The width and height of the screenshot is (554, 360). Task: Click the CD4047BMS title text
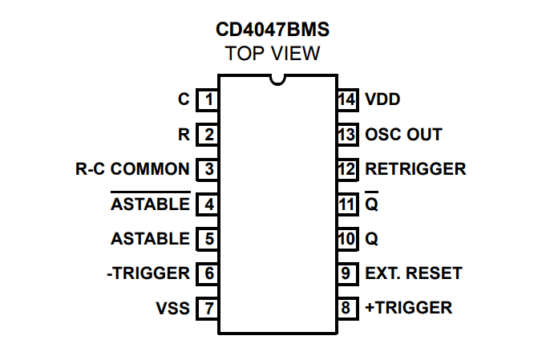click(273, 31)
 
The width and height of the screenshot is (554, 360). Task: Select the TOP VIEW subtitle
click(273, 54)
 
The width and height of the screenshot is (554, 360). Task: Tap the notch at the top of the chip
click(277, 77)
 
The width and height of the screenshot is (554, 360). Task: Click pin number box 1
click(208, 99)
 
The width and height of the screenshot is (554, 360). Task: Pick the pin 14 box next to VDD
click(346, 99)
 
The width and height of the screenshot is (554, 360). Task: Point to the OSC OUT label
click(404, 134)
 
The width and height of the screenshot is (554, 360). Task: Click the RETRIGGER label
click(416, 169)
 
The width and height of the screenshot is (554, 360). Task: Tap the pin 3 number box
click(208, 169)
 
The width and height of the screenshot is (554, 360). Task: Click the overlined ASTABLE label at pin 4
click(150, 204)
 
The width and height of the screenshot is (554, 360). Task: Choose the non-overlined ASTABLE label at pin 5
click(150, 239)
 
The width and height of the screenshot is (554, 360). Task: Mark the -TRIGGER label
click(147, 273)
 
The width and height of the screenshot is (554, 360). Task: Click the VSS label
click(171, 308)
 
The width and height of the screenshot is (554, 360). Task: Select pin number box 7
click(208, 308)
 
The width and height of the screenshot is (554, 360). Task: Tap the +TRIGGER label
click(408, 308)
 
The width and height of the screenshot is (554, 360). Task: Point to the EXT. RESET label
click(413, 273)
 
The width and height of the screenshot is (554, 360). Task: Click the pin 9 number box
click(346, 273)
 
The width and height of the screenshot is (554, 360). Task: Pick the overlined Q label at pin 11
click(371, 204)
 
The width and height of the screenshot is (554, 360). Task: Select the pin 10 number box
click(346, 239)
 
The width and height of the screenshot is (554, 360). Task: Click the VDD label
click(384, 99)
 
